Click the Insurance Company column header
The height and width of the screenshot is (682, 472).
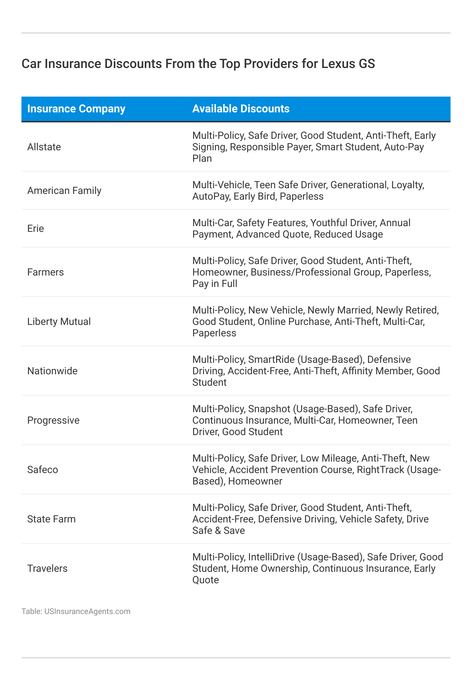pyautogui.click(x=76, y=109)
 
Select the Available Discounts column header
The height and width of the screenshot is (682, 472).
pyautogui.click(x=241, y=109)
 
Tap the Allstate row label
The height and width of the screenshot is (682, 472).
pyautogui.click(x=44, y=147)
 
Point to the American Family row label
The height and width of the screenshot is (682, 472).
pyautogui.click(x=64, y=191)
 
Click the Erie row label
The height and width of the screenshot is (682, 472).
pyautogui.click(x=35, y=229)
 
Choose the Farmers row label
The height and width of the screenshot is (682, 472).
pyautogui.click(x=45, y=272)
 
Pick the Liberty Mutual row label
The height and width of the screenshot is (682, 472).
pyautogui.click(x=59, y=322)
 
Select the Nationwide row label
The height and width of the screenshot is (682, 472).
pyautogui.click(x=52, y=371)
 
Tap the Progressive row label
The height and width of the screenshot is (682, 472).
pyautogui.click(x=53, y=420)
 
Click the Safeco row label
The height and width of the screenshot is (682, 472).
pyautogui.click(x=43, y=470)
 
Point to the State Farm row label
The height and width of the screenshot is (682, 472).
pyautogui.click(x=51, y=519)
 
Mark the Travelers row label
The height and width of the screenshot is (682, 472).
pyautogui.click(x=47, y=569)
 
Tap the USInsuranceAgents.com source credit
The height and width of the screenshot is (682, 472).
pyautogui.click(x=87, y=612)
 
